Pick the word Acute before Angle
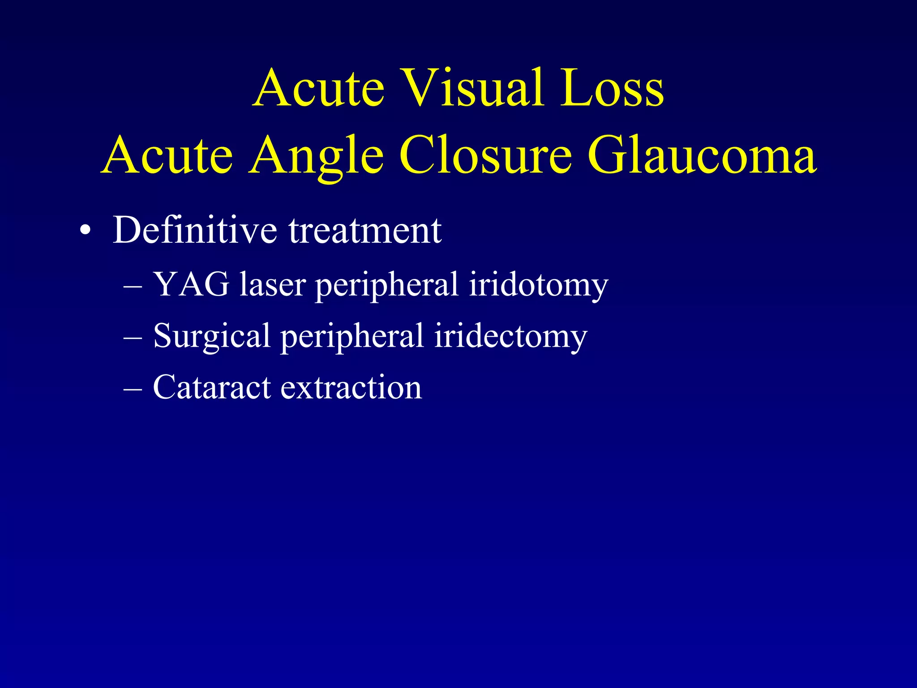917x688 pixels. click(168, 155)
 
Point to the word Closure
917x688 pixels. click(486, 155)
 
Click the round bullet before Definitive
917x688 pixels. click(85, 232)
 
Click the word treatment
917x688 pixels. click(365, 231)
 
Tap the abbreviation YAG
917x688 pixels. click(191, 284)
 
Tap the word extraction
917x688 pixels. click(351, 388)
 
